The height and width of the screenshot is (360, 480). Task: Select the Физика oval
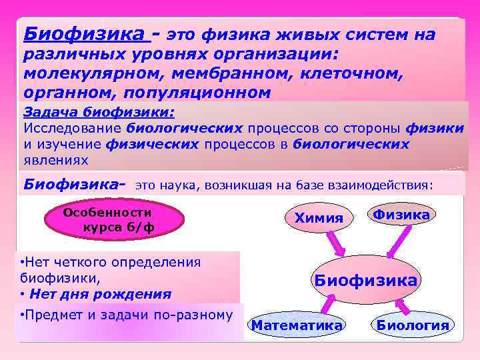point(401,215)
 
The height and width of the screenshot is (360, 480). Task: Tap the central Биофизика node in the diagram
point(366,280)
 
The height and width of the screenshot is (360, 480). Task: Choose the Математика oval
point(297,325)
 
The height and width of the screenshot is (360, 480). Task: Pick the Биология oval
point(413,325)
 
